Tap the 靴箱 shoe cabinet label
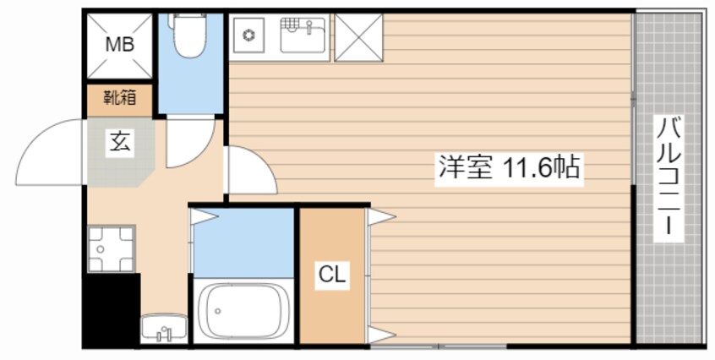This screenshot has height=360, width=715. (x=118, y=99)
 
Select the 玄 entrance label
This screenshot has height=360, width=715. (x=118, y=143)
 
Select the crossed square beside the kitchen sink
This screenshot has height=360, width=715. (x=358, y=37)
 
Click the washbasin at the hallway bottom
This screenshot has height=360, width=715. (x=164, y=329)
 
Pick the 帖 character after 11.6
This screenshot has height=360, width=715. (x=567, y=167)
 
